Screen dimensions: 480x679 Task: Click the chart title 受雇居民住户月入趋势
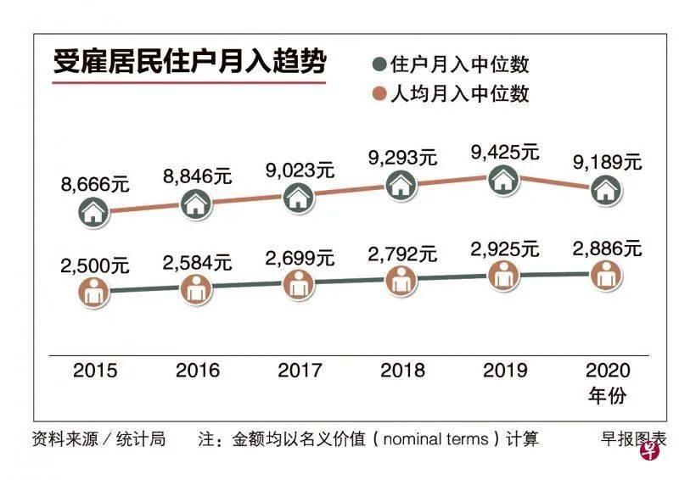pyautogui.click(x=189, y=64)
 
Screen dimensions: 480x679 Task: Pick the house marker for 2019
pyautogui.click(x=504, y=179)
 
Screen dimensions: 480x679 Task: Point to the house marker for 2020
pyautogui.click(x=606, y=190)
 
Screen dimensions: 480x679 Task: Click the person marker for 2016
pyautogui.click(x=195, y=288)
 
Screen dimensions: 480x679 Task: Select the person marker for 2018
pyautogui.click(x=401, y=281)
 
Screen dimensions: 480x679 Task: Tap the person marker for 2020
pyautogui.click(x=606, y=275)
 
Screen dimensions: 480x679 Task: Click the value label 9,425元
pyautogui.click(x=505, y=153)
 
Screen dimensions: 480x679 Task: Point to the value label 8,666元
pyautogui.click(x=94, y=182)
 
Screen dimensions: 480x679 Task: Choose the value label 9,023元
pyautogui.click(x=299, y=170)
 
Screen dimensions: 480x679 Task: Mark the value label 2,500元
pyautogui.click(x=94, y=265)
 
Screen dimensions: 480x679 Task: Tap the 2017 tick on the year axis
pyautogui.click(x=299, y=371)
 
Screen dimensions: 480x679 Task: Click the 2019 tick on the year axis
pyautogui.click(x=504, y=371)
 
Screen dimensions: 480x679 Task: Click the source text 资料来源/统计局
pyautogui.click(x=98, y=439)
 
